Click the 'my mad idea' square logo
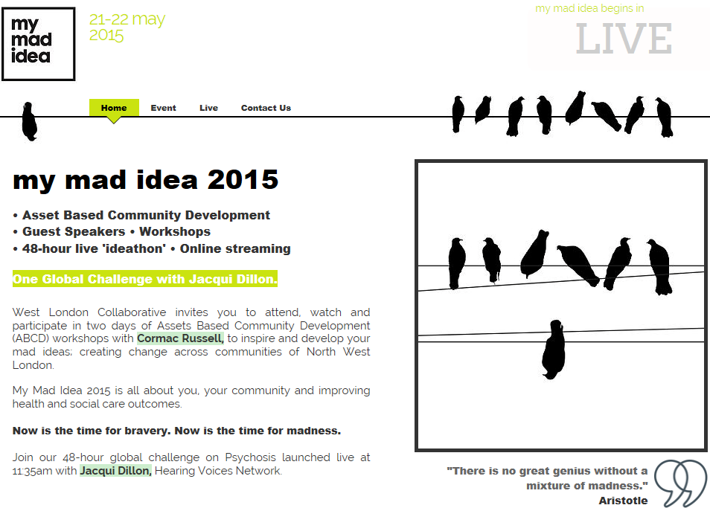click(x=39, y=44)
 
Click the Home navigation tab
click(x=114, y=108)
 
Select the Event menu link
click(x=163, y=108)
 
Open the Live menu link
click(x=208, y=108)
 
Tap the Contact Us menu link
click(x=266, y=108)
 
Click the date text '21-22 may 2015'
click(x=127, y=27)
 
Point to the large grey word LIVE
click(x=624, y=39)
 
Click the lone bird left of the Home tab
click(x=30, y=121)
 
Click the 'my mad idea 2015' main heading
click(x=145, y=179)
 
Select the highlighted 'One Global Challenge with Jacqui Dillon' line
click(x=145, y=279)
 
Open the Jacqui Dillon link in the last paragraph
click(x=115, y=471)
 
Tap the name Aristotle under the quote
click(x=623, y=501)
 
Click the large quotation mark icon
click(x=680, y=483)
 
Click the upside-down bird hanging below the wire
click(x=553, y=350)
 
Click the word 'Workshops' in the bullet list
click(x=175, y=231)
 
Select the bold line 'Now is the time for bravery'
click(x=176, y=431)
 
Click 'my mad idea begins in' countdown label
click(x=589, y=9)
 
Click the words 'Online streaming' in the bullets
click(x=235, y=249)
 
